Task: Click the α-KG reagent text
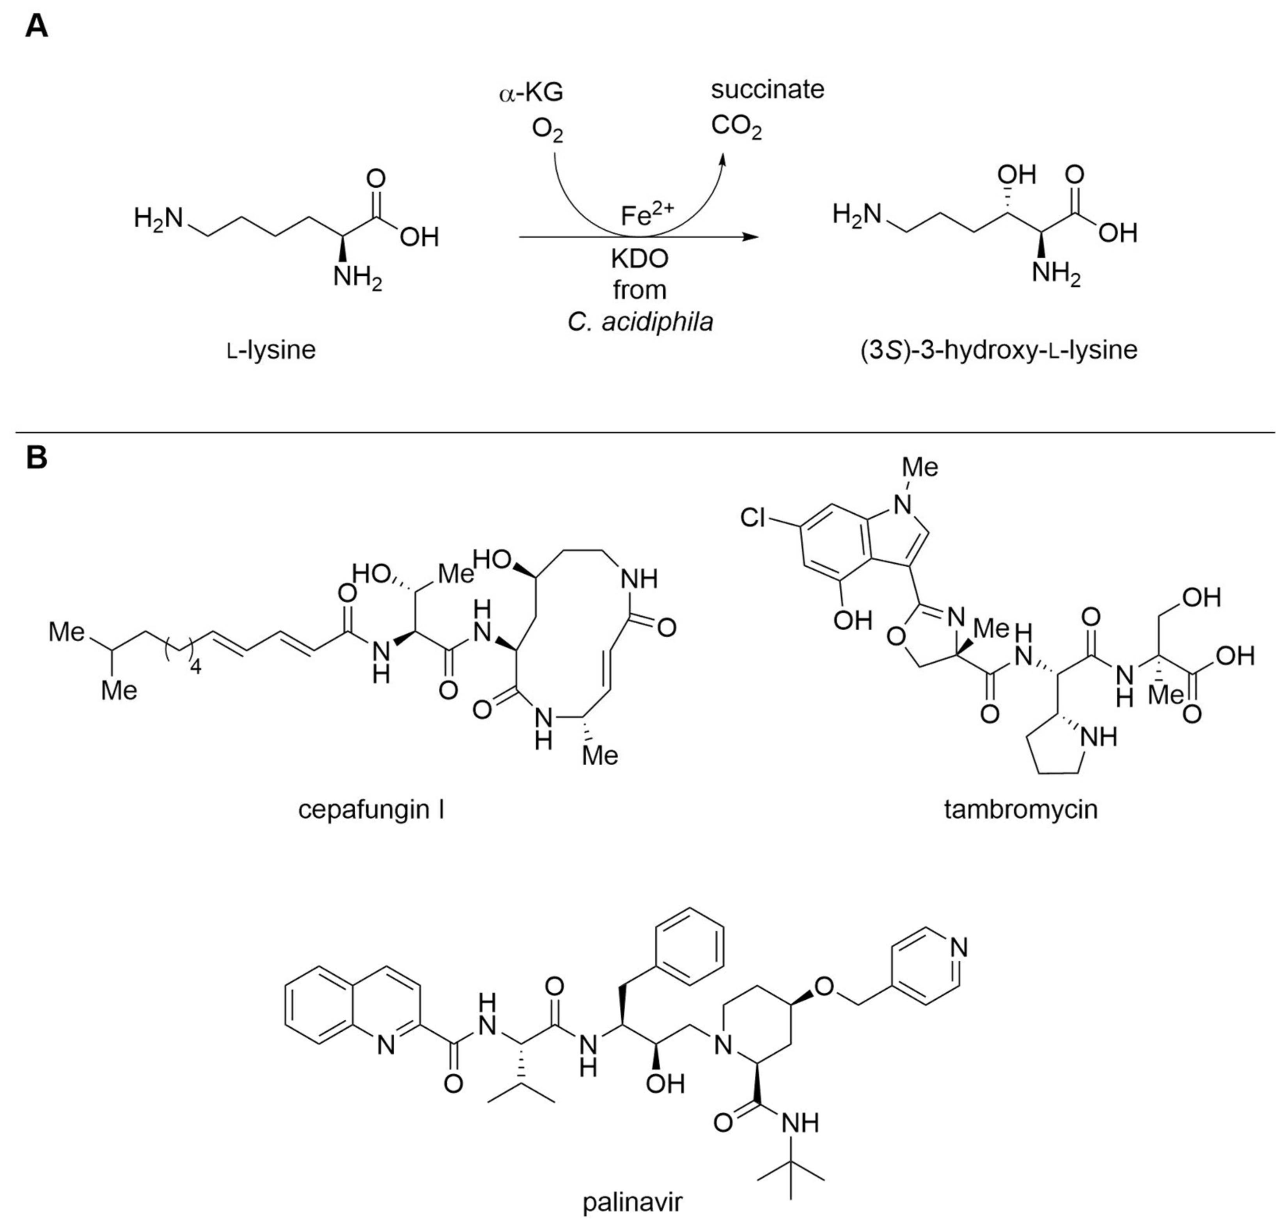tap(530, 94)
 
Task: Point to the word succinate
tap(767, 90)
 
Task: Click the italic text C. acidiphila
tap(640, 322)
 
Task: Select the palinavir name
tap(633, 1202)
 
